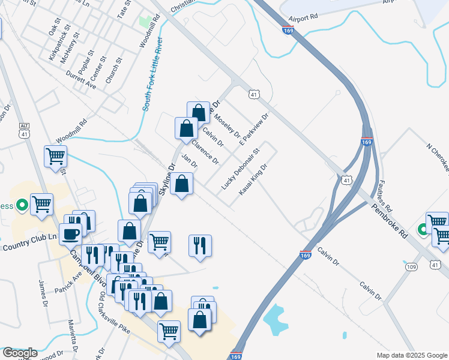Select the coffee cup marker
pos(70,233)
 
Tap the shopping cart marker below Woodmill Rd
pos(55,157)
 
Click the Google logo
pos(20,353)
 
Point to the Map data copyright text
pos(412,355)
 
